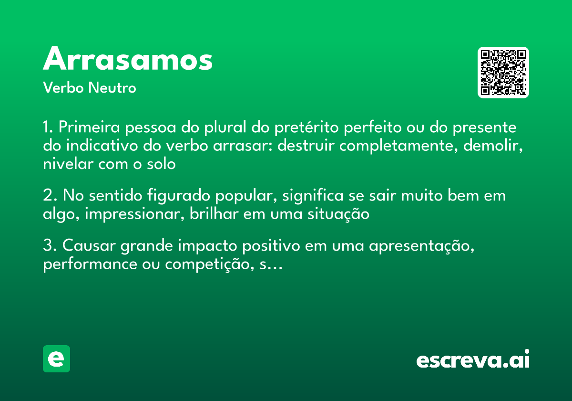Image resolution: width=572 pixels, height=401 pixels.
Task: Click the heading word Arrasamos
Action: (128, 60)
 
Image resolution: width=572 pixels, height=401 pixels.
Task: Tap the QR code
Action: (503, 73)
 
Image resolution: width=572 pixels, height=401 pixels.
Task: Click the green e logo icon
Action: (56, 359)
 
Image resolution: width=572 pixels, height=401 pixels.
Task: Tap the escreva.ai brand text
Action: (473, 360)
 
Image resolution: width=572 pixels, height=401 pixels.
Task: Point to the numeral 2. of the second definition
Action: (50, 196)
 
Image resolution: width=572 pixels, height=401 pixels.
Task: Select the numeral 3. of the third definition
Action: (50, 246)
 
